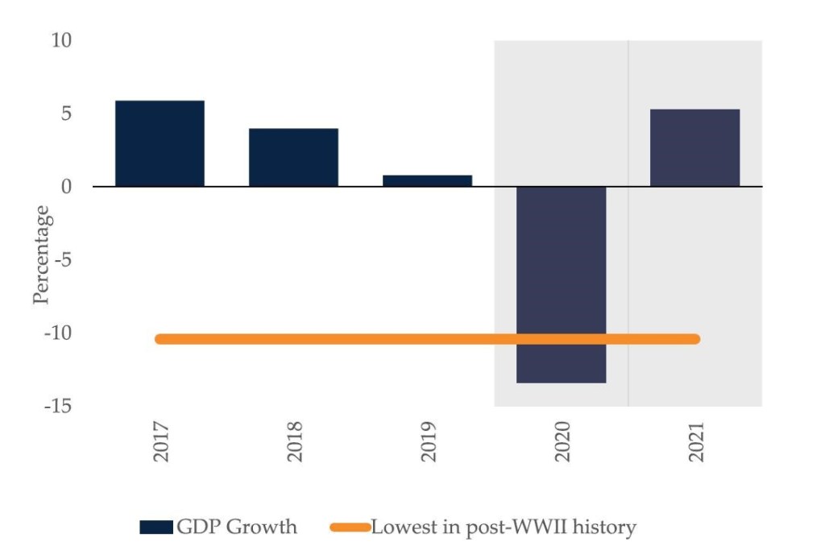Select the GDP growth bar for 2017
(160, 143)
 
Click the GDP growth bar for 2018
(293, 157)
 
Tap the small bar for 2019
(427, 180)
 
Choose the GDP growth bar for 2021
(694, 147)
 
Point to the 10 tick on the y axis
(62, 39)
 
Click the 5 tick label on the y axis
(66, 113)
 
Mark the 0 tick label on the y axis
(66, 186)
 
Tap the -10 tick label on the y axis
(59, 333)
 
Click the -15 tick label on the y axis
(59, 406)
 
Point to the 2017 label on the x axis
(161, 442)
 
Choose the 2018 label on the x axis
(295, 442)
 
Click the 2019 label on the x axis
(429, 442)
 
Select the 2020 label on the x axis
(562, 442)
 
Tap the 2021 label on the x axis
(696, 442)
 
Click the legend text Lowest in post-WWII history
(504, 528)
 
